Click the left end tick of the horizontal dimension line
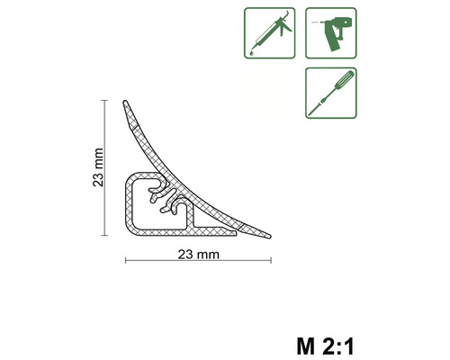point(124,261)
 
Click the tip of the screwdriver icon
point(311,109)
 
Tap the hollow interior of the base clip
point(148,211)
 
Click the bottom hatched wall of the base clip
point(180,232)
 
